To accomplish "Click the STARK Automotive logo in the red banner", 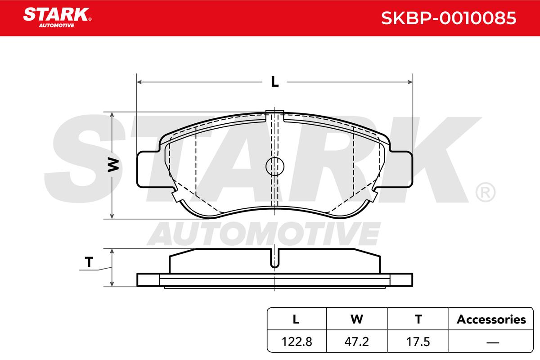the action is (x=57, y=18).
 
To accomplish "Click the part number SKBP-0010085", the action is (x=449, y=18).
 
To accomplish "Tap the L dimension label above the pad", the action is (x=274, y=81).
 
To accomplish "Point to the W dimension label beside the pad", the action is (x=113, y=165).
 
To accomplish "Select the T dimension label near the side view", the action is (x=89, y=262).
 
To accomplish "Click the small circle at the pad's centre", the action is (x=275, y=166).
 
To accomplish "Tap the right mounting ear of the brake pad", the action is (x=401, y=169).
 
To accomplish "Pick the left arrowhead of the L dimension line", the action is (x=139, y=82).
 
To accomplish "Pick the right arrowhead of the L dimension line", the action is (x=410, y=82).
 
